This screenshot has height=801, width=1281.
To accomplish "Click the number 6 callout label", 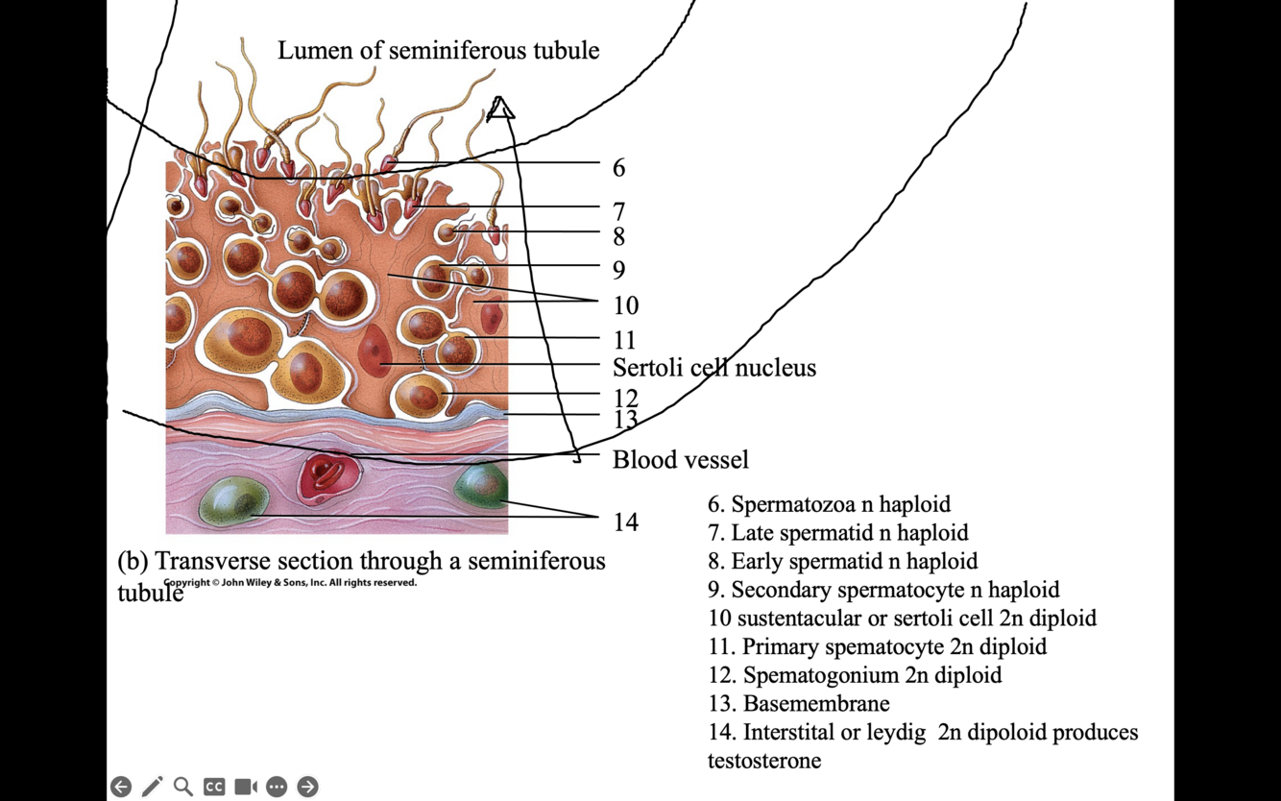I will tap(619, 168).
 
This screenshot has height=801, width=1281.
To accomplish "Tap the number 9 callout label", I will tap(619, 270).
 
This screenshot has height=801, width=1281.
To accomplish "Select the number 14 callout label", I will tap(626, 522).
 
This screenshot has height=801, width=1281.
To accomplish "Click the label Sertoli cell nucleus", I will tap(714, 368).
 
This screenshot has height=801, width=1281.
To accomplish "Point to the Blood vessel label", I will tap(681, 460).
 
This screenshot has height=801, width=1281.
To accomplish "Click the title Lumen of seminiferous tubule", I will tap(438, 51).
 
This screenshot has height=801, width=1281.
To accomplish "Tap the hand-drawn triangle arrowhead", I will tap(499, 109).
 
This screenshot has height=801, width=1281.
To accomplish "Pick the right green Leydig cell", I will tap(479, 486).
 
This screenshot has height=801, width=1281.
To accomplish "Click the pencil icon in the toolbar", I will tap(152, 787).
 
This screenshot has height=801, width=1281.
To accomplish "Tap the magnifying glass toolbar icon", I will tap(182, 787).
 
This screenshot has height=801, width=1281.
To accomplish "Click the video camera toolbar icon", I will tap(246, 787).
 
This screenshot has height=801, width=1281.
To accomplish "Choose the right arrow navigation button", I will tap(307, 787).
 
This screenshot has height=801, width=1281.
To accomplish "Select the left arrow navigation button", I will tap(121, 787).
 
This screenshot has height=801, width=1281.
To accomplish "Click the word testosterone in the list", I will tap(764, 761).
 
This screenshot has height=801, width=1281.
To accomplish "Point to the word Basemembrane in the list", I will tap(816, 704).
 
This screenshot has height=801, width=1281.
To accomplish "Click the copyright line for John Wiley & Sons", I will tap(290, 582).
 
